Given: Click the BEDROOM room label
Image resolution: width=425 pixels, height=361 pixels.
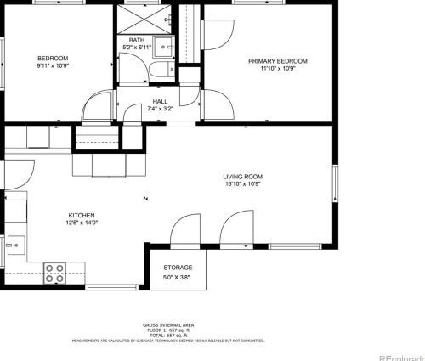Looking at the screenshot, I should pyautogui.click(x=52, y=58).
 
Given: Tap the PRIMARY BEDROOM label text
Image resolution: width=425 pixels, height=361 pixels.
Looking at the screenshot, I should pyautogui.click(x=277, y=61).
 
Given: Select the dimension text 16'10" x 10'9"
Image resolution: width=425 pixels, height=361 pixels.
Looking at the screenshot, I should pyautogui.click(x=241, y=183).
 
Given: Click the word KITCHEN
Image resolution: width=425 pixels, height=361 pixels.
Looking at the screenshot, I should pyautogui.click(x=82, y=216).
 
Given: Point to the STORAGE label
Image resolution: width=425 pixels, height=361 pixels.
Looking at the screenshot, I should pyautogui.click(x=178, y=268).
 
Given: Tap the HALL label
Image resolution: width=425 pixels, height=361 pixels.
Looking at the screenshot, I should pyautogui.click(x=161, y=101).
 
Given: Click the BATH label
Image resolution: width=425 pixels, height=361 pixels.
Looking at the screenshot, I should pyautogui.click(x=137, y=40).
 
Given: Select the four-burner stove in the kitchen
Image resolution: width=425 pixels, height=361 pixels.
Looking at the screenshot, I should pyautogui.click(x=55, y=274).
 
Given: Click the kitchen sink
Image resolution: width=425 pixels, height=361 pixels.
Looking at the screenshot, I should pyautogui.click(x=13, y=246).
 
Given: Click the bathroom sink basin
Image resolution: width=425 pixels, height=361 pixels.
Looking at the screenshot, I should pyautogui.click(x=167, y=47).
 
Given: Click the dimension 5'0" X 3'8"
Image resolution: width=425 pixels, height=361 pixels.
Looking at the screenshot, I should pyautogui.click(x=178, y=276).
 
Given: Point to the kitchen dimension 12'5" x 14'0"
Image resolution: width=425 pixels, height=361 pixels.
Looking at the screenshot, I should pyautogui.click(x=82, y=223).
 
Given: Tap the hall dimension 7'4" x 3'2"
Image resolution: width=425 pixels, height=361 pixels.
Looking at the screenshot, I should pyautogui.click(x=161, y=109).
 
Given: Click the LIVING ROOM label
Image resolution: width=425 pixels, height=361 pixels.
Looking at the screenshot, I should pyautogui.click(x=241, y=176).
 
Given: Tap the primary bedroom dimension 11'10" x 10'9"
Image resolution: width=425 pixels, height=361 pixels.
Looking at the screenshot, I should pyautogui.click(x=277, y=69).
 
